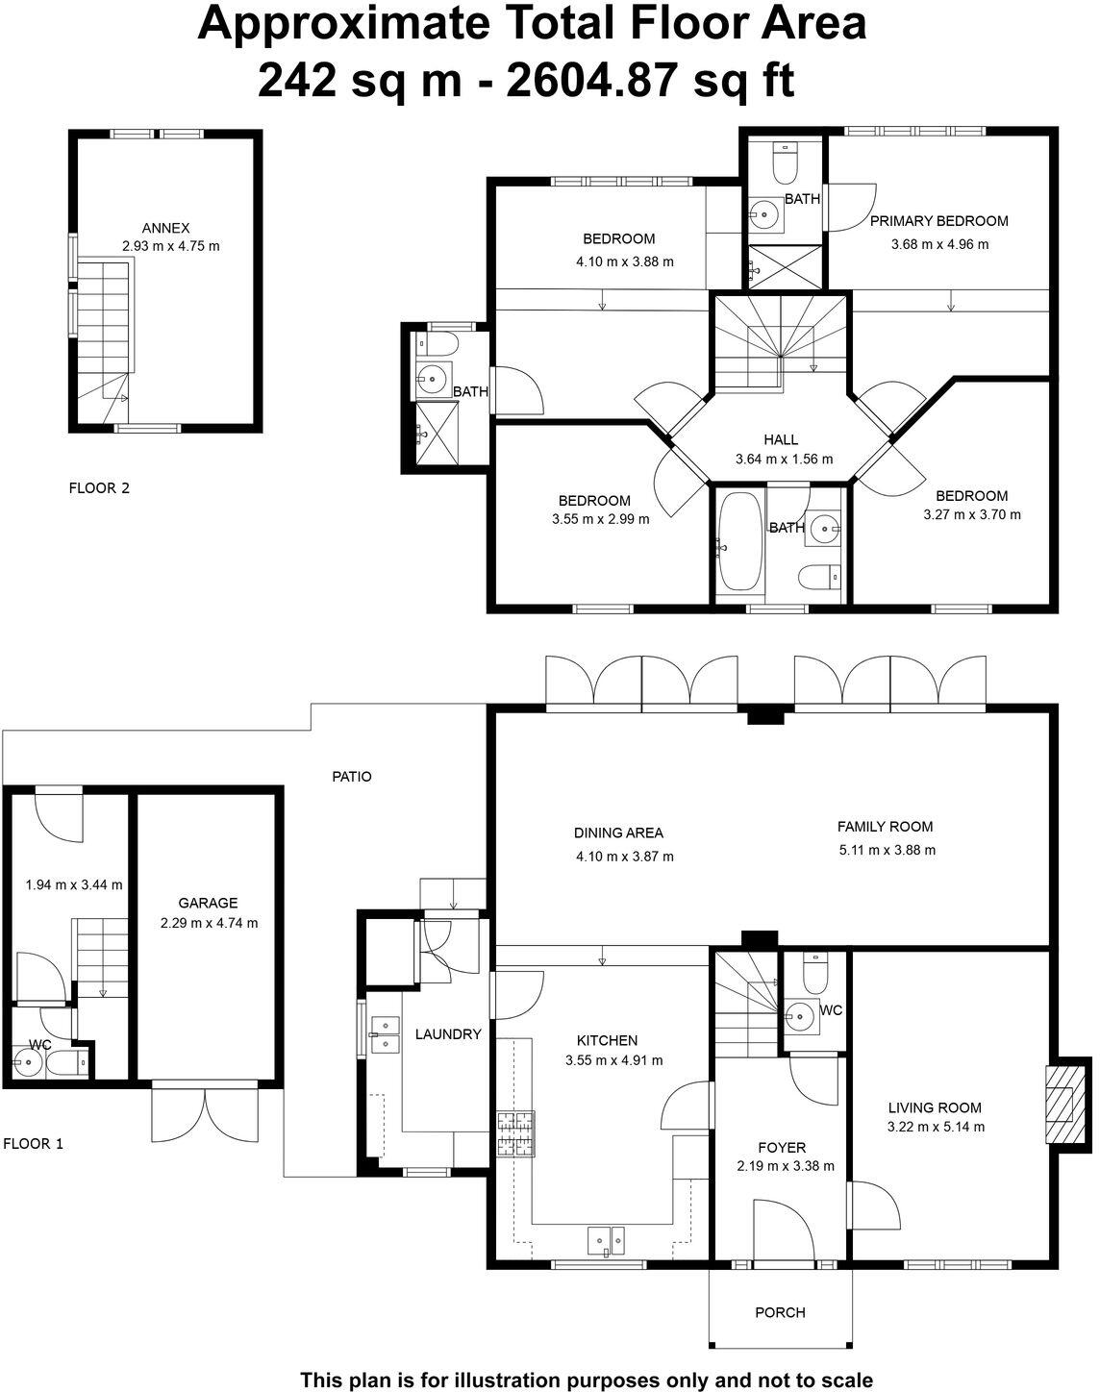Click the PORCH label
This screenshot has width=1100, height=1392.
[780, 1312]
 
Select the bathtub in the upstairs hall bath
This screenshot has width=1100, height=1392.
[739, 542]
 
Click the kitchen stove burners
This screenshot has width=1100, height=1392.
[515, 1133]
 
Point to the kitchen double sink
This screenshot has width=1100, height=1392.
[606, 1240]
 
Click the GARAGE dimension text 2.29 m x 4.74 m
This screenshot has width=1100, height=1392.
[210, 923]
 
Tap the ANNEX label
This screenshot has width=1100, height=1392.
[165, 228]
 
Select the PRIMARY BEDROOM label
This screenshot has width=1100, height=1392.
[938, 221]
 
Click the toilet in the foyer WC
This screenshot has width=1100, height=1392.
[814, 974]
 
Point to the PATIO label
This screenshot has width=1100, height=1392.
[351, 776]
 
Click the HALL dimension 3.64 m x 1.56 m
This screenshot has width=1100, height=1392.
[784, 460]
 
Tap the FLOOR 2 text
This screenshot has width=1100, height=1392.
[99, 487]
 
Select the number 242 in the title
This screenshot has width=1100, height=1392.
[295, 82]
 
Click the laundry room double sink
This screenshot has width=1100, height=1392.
[386, 1034]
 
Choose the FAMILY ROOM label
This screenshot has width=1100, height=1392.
[885, 826]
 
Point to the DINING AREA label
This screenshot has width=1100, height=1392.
[618, 833]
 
